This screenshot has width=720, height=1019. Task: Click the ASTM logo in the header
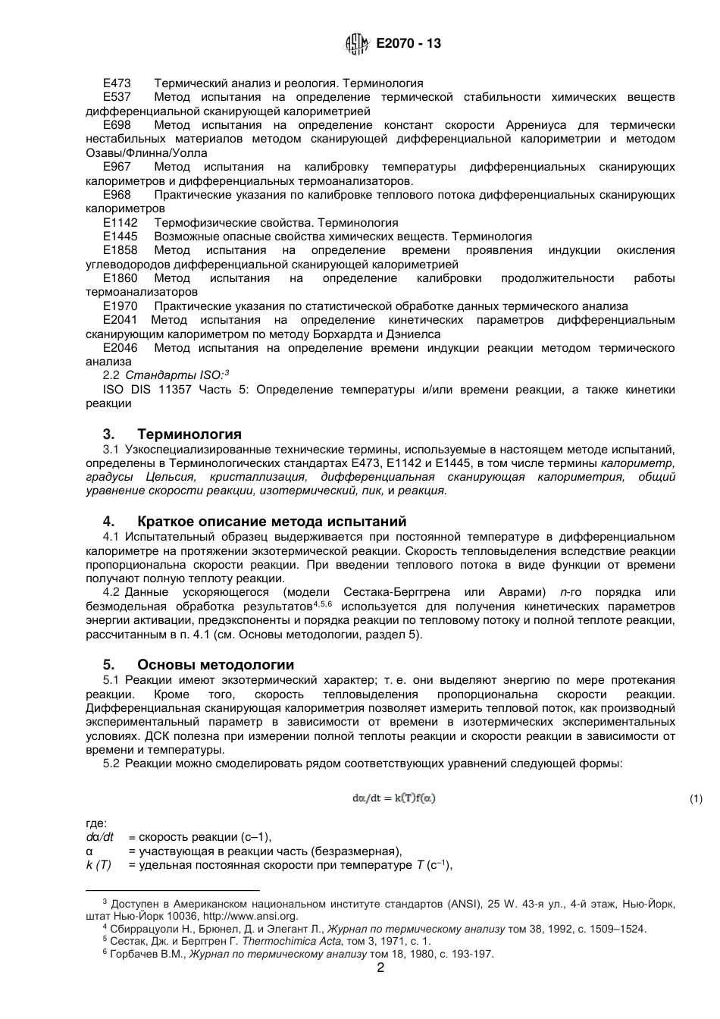357,44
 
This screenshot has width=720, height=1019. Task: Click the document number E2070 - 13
409,44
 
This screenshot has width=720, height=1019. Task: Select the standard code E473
117,83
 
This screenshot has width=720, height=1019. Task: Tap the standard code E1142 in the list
120,223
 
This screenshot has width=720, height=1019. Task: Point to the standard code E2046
120,348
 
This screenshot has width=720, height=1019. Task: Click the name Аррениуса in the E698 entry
559,125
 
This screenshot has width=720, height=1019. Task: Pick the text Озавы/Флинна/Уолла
146,153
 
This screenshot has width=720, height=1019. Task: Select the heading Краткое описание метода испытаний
271,522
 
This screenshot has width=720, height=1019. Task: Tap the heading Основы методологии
215,666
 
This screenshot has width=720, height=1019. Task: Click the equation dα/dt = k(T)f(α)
394,798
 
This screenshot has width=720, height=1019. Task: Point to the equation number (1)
697,799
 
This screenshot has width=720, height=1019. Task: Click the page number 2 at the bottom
380,968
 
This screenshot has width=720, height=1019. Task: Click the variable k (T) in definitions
99,865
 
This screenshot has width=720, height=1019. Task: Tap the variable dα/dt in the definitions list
99,837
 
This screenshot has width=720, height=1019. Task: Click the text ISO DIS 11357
149,390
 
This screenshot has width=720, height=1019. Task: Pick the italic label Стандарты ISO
174,375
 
